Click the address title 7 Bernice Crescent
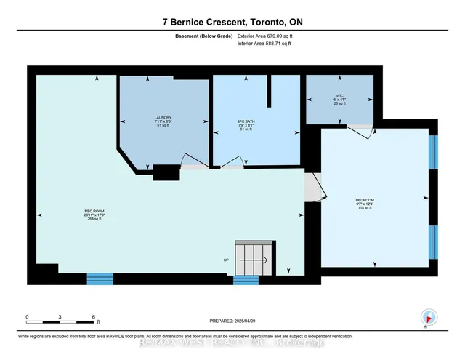coord(232,23)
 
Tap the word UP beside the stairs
coord(227,260)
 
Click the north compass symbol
coord(429,317)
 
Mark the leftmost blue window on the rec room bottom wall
coord(100,278)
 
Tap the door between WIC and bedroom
coord(356,129)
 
